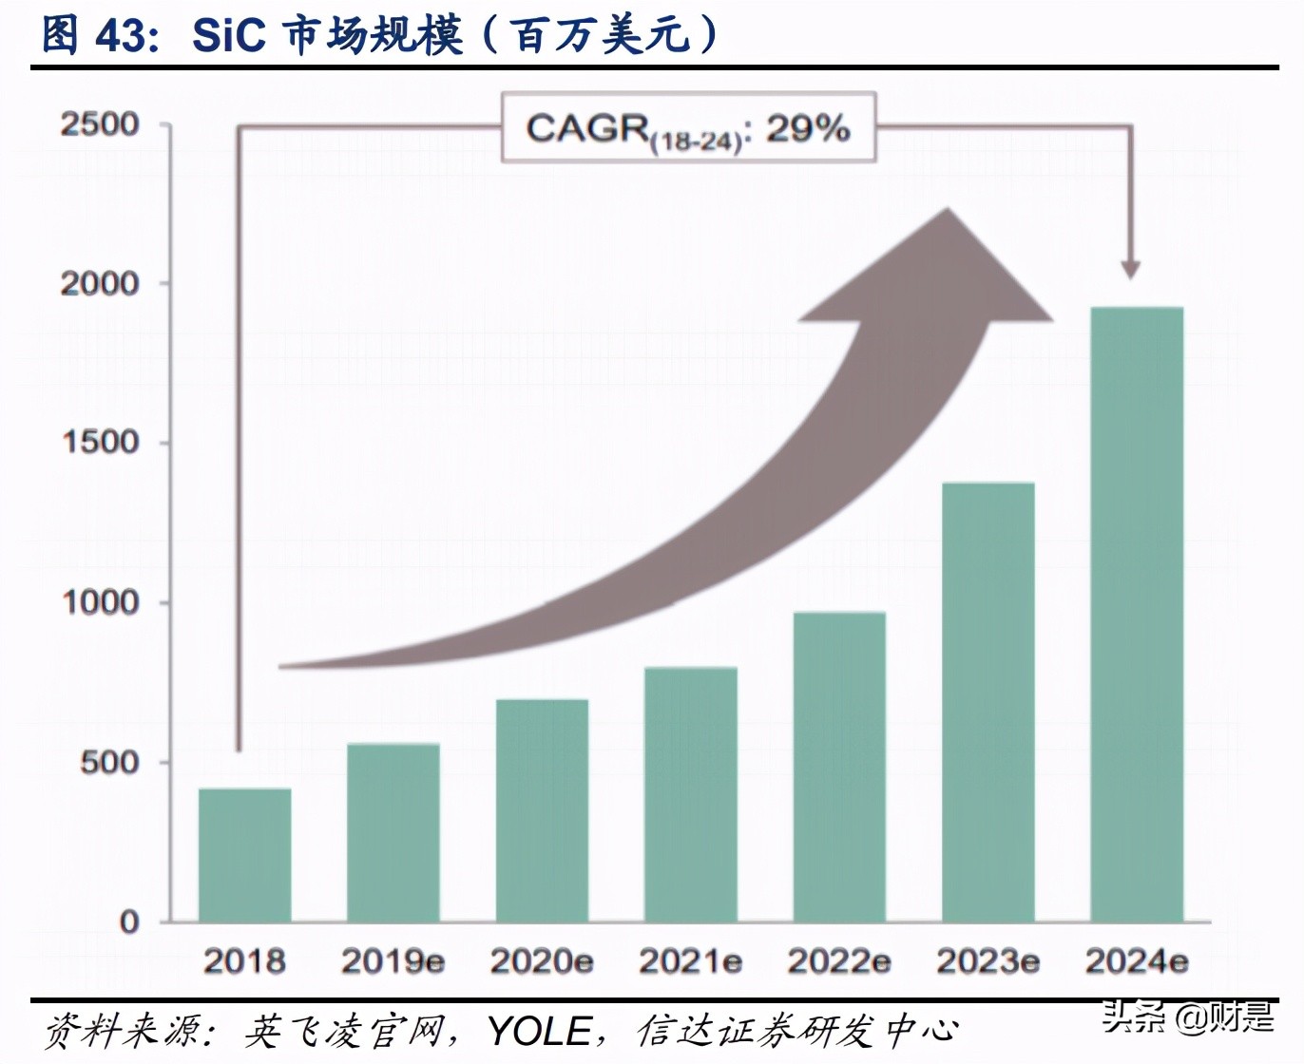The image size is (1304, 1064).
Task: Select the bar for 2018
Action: pyautogui.click(x=244, y=855)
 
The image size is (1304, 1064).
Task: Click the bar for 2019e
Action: pyautogui.click(x=393, y=832)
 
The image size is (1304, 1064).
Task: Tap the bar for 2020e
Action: pyautogui.click(x=542, y=810)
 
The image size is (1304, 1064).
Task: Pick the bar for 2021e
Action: pyautogui.click(x=690, y=794)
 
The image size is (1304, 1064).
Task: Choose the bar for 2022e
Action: pyautogui.click(x=839, y=767)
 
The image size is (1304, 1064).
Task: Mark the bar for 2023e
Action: pyautogui.click(x=988, y=702)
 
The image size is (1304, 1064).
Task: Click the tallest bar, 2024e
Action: pyautogui.click(x=1137, y=615)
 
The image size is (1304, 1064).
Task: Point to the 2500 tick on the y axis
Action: pyautogui.click(x=100, y=124)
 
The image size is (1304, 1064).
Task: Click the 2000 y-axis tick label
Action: pyautogui.click(x=100, y=283)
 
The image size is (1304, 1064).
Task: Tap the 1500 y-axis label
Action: pyautogui.click(x=100, y=443)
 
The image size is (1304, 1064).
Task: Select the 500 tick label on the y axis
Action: pyautogui.click(x=109, y=762)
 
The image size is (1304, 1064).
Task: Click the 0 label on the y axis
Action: pyautogui.click(x=129, y=921)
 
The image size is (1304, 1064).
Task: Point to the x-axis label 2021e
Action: pyautogui.click(x=690, y=961)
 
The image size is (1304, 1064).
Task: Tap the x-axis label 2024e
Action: pyautogui.click(x=1137, y=961)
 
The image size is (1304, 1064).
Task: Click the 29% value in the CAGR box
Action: pyautogui.click(x=807, y=128)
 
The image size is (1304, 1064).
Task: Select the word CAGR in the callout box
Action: pyautogui.click(x=586, y=128)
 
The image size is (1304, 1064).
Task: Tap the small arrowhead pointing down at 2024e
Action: pyautogui.click(x=1130, y=268)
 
